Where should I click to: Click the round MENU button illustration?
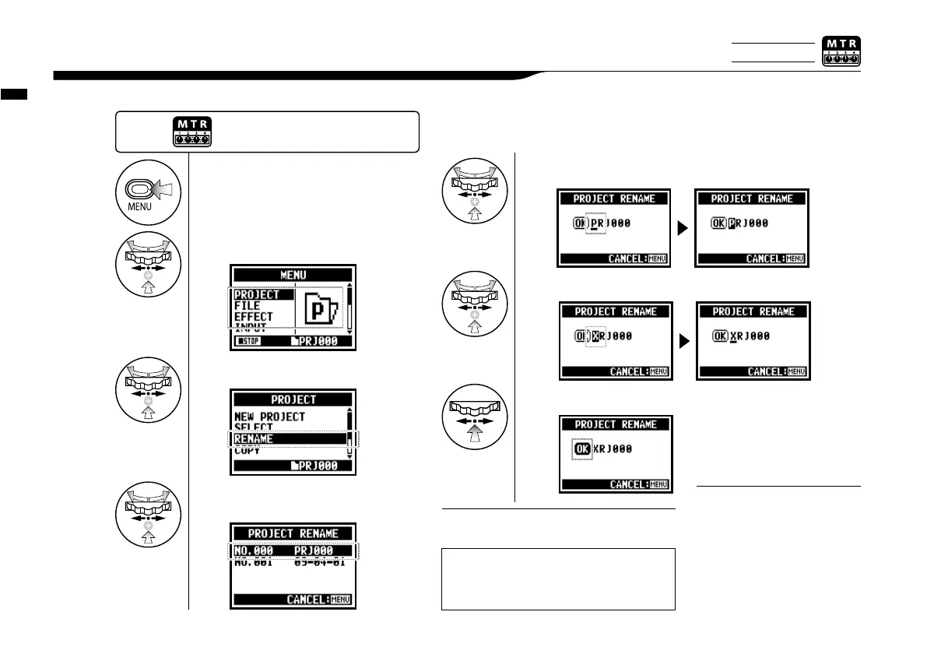coord(147,189)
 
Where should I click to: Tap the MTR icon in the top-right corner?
coord(841,51)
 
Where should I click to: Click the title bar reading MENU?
coord(293,274)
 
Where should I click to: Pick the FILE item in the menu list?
coord(248,306)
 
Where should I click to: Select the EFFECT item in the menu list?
coord(254,317)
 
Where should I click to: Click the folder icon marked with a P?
coord(319,305)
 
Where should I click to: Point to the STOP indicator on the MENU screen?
coord(251,342)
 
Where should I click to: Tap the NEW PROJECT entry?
coord(270,417)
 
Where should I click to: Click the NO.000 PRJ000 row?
coord(293,550)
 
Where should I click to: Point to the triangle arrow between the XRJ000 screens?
coord(683,342)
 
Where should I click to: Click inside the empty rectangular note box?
coord(557,578)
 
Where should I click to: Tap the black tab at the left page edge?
coord(14,94)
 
